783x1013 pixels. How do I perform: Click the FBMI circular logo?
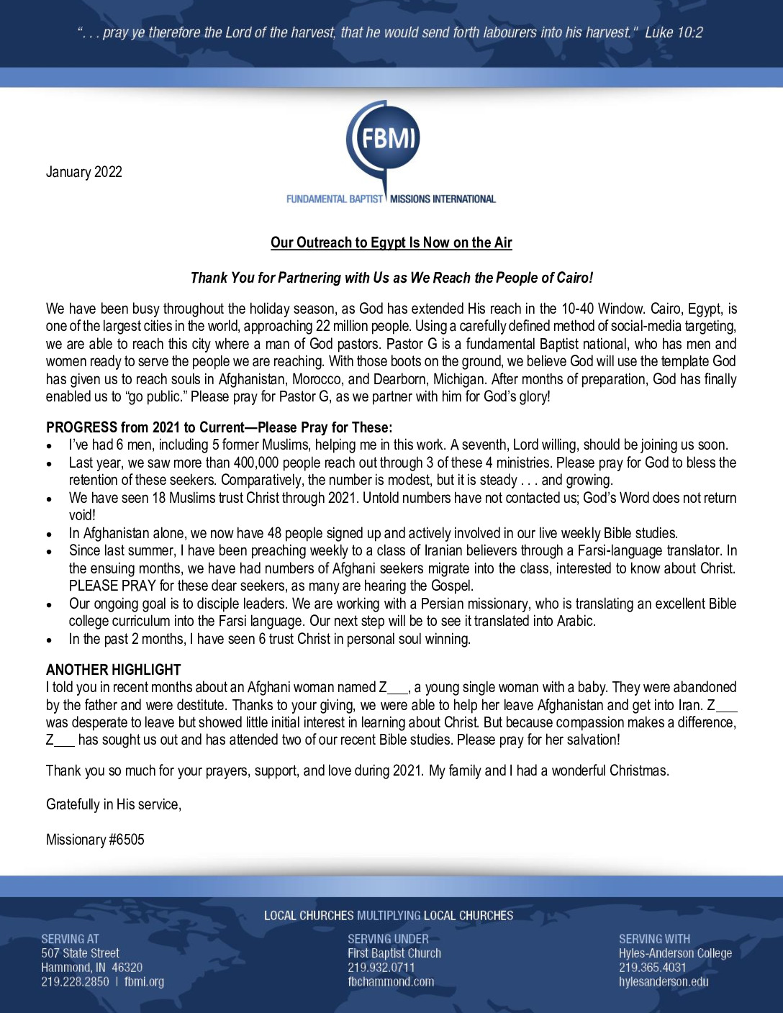[x=384, y=139]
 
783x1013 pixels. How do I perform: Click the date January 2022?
[x=84, y=172]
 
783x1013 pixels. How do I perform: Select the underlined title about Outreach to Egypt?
[x=391, y=242]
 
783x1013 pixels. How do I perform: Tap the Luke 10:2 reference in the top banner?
[x=674, y=32]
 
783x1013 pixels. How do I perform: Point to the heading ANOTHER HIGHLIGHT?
[x=113, y=670]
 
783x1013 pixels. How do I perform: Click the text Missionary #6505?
[x=95, y=840]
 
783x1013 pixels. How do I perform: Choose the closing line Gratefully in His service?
[x=114, y=804]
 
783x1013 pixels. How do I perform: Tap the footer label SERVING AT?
[x=70, y=939]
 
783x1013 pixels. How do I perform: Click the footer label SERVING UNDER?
[x=388, y=939]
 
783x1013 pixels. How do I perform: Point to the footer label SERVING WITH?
[x=654, y=939]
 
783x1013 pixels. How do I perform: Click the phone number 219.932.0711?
[x=381, y=968]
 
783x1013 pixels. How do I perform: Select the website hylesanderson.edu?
[x=664, y=981]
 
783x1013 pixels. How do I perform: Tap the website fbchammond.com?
[x=391, y=981]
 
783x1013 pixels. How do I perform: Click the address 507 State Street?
[x=80, y=953]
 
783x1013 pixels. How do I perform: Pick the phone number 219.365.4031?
[x=652, y=968]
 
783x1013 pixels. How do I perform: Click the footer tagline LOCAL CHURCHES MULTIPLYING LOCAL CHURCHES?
[x=389, y=916]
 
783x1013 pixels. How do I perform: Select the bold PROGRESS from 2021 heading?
[x=219, y=427]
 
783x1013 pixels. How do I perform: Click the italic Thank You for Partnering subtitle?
[x=391, y=278]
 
